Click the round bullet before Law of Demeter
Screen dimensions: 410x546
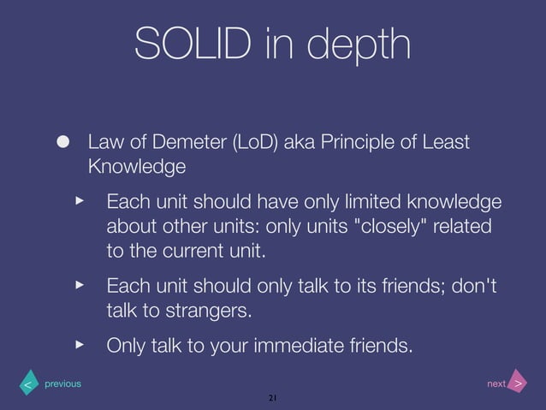(62, 141)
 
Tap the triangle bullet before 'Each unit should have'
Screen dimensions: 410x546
(80, 200)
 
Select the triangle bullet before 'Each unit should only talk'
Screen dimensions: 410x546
(80, 282)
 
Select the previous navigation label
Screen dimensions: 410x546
(62, 383)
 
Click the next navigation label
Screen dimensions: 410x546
(496, 383)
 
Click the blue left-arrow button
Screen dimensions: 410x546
(28, 384)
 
